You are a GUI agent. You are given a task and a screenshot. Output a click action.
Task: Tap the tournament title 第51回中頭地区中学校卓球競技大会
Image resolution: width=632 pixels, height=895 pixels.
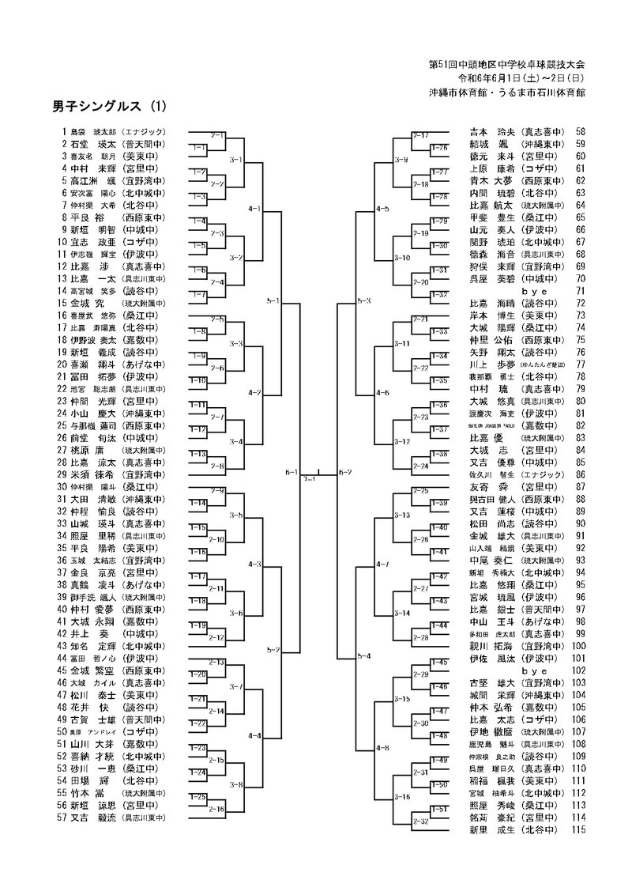tap(506, 64)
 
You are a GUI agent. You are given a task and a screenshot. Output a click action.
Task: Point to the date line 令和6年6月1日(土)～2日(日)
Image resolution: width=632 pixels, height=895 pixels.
tap(522, 78)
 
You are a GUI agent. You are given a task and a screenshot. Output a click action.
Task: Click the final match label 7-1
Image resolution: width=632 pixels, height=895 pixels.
tap(310, 478)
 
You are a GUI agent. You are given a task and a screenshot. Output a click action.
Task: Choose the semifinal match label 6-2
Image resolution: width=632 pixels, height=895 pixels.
tap(345, 473)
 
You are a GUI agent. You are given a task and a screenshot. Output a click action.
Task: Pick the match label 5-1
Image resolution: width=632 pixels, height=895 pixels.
tap(273, 301)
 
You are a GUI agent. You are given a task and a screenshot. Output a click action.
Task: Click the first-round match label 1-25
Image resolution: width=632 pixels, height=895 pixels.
tap(198, 797)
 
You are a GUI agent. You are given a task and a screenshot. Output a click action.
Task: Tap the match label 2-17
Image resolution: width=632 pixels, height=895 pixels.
tap(420, 135)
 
